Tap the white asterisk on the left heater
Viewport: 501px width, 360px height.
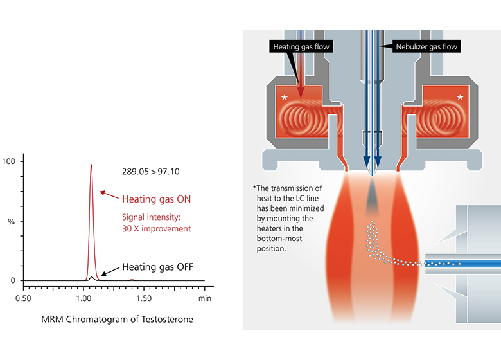coord(285,98)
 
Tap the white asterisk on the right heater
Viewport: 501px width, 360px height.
coord(460,98)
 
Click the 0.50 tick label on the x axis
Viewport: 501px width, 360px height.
coord(23,299)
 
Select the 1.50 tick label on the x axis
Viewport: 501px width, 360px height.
coord(145,299)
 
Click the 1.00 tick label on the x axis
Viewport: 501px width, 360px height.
coord(84,299)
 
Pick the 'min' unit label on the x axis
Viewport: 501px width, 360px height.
coord(205,299)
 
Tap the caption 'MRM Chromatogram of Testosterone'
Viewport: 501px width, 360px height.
coord(116,319)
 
